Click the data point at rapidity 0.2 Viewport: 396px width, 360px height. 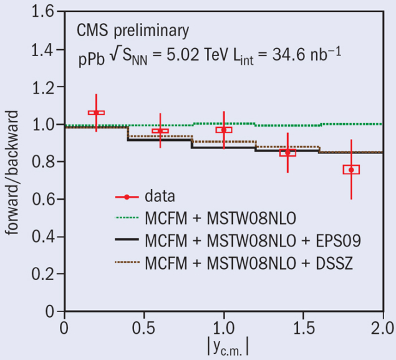coord(96,113)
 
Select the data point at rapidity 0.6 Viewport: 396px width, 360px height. coord(160,131)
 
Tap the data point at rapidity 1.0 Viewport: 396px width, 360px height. coord(224,129)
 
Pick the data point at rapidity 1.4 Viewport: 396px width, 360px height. coord(287,152)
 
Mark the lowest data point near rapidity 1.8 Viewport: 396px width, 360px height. coord(351,169)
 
